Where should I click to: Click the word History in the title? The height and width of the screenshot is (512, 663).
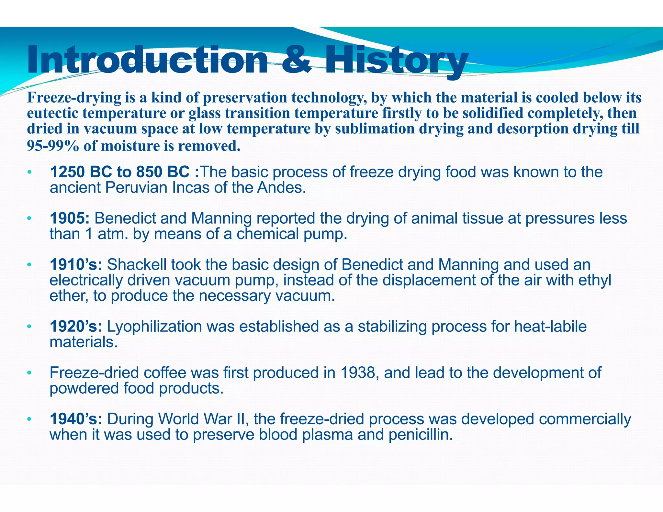(x=397, y=60)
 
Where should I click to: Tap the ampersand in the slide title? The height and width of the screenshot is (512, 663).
(x=297, y=60)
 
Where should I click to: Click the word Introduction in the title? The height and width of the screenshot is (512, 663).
(x=147, y=60)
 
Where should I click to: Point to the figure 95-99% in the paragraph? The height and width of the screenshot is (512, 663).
(x=53, y=146)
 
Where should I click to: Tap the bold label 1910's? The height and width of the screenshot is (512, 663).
(x=76, y=265)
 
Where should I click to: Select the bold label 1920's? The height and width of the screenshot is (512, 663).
(x=76, y=327)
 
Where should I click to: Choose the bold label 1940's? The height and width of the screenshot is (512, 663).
(x=76, y=419)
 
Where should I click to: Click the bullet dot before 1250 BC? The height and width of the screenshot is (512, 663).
(x=29, y=172)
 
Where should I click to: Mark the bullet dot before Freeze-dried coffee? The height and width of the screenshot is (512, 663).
(x=29, y=373)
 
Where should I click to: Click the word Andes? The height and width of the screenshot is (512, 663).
(x=281, y=188)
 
